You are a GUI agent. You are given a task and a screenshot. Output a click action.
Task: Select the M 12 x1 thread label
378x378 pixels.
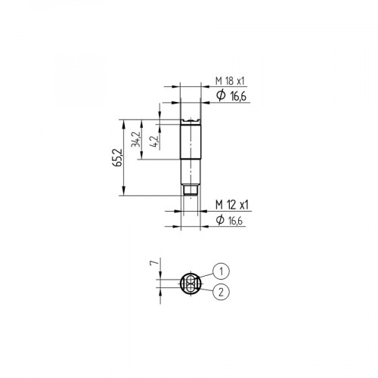(231, 205)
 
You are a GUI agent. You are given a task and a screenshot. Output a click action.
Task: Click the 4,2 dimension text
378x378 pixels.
(154, 141)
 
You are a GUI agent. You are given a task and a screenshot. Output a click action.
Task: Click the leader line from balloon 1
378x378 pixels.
(205, 276)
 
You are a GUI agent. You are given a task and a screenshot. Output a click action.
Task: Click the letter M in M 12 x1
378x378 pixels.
(218, 205)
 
